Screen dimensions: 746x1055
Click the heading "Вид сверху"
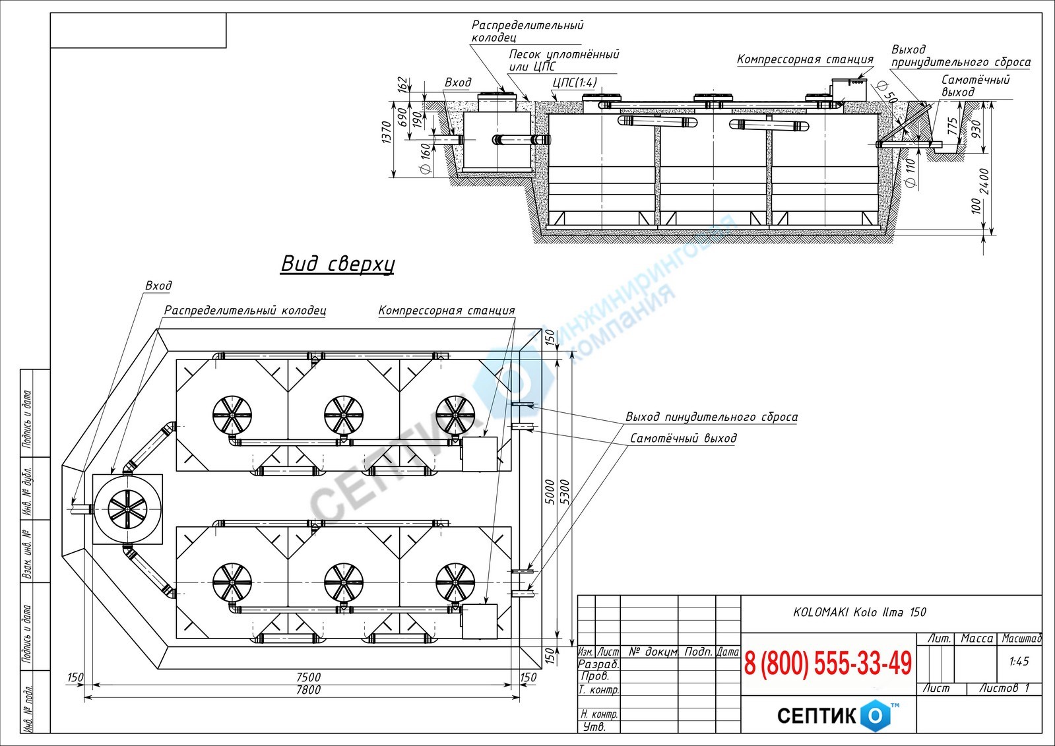337,264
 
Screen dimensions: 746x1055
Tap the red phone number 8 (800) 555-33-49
828,664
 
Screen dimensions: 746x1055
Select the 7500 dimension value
309,677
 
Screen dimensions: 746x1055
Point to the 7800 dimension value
309,690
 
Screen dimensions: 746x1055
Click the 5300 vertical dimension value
565,492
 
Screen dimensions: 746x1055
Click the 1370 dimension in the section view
387,131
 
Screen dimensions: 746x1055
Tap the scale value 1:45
1019,662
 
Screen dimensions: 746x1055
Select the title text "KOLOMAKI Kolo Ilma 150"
859,612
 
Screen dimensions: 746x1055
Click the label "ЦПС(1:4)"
575,82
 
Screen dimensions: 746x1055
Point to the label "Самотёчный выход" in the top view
683,439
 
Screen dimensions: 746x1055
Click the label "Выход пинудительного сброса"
711,418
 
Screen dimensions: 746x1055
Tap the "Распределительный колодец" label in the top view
245,311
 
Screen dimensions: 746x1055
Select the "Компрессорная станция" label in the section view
805,59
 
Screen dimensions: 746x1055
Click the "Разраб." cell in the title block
598,664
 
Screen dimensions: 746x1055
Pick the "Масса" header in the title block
976,638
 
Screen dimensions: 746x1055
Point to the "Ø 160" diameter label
426,159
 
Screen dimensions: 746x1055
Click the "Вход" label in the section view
458,82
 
